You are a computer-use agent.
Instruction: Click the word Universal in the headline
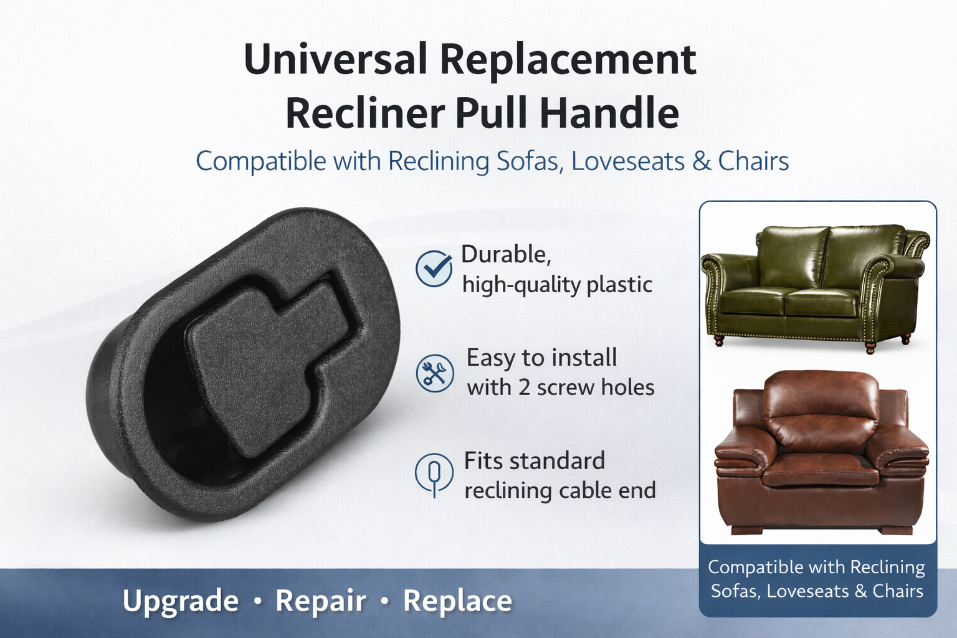pos(335,59)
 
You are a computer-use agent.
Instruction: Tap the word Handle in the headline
pos(609,112)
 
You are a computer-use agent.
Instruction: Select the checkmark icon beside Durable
pos(434,269)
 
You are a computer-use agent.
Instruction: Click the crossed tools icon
pos(434,373)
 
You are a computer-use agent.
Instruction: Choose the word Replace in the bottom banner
pos(457,601)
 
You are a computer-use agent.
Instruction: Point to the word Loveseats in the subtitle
pos(628,161)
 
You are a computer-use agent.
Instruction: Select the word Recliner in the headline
pos(365,112)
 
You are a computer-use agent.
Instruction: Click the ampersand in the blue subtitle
pos(701,161)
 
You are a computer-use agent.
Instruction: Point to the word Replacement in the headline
pos(568,59)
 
